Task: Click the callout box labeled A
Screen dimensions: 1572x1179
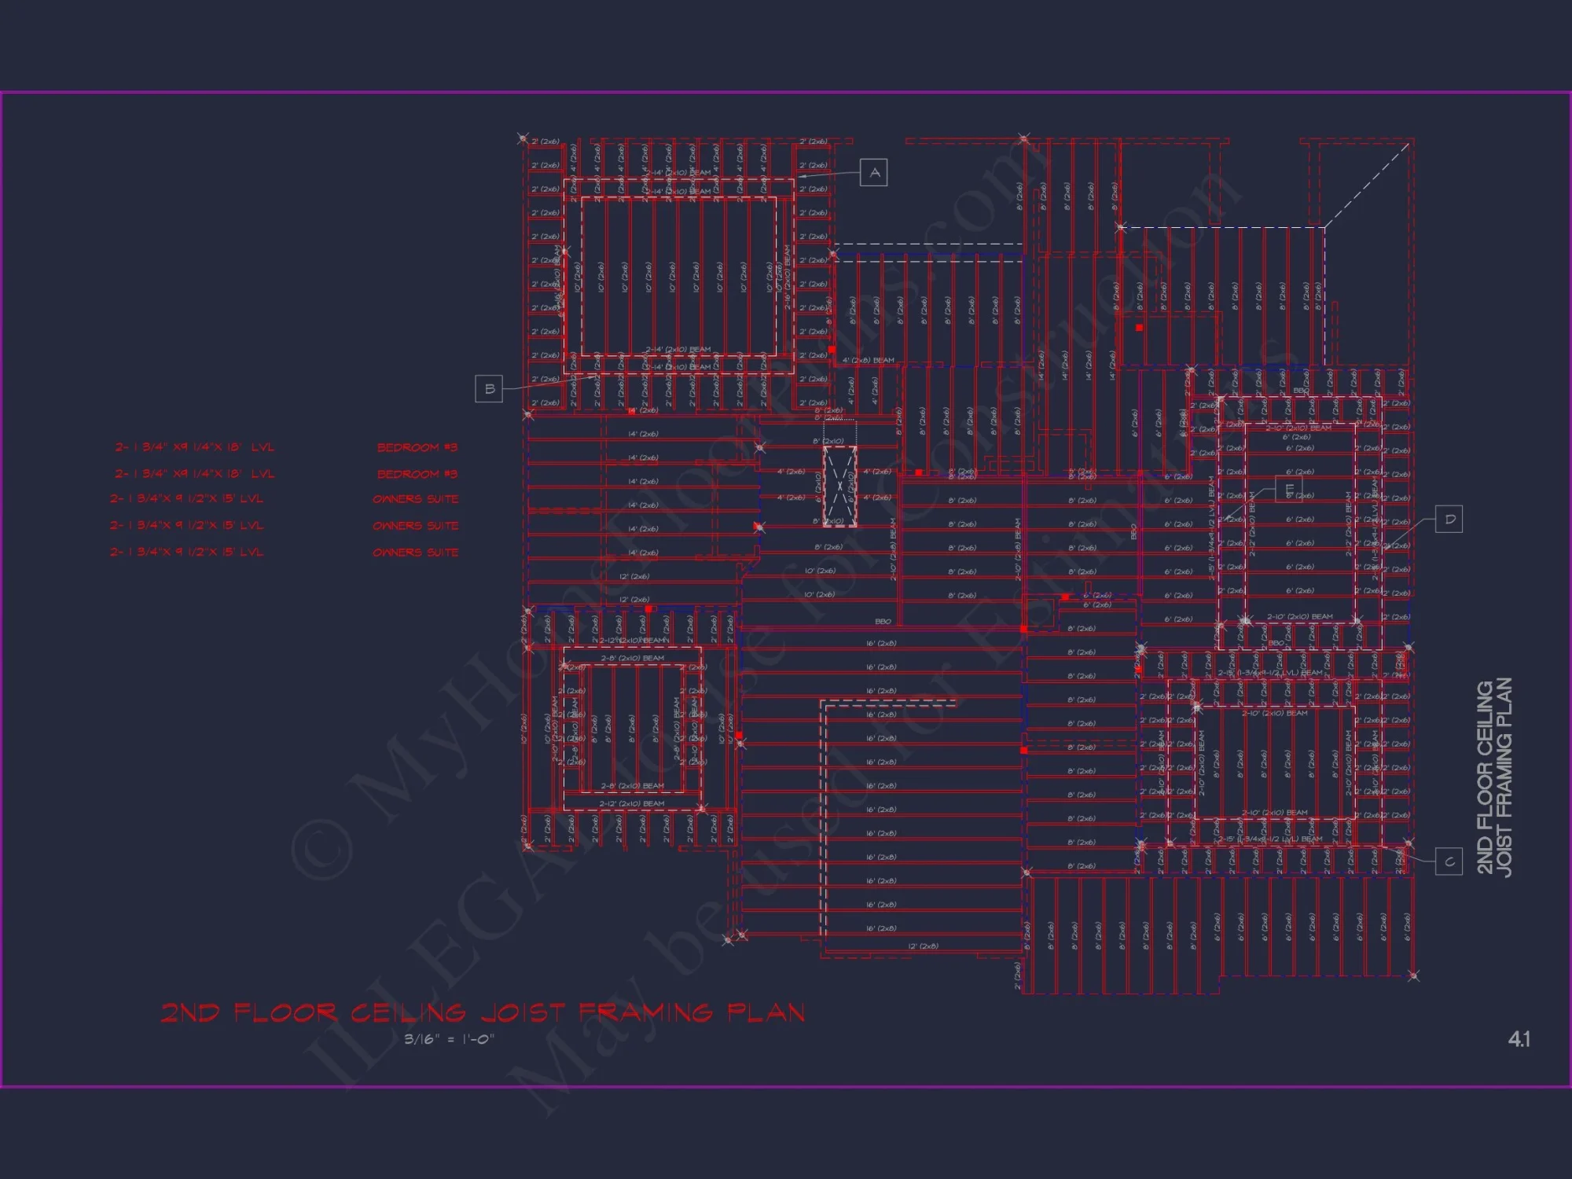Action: click(x=874, y=173)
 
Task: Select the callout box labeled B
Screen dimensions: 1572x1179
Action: click(x=489, y=389)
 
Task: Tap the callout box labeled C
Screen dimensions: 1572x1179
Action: click(x=1449, y=861)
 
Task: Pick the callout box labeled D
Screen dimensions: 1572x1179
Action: click(x=1449, y=520)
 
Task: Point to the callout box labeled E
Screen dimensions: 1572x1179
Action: click(x=1288, y=489)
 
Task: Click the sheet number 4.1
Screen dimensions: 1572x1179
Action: click(x=1519, y=1039)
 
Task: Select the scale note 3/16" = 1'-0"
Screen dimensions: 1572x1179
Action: click(x=449, y=1039)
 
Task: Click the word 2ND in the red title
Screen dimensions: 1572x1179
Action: click(x=190, y=1012)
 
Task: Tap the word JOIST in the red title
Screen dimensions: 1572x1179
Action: click(x=522, y=1012)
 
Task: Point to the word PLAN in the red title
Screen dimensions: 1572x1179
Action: click(x=766, y=1012)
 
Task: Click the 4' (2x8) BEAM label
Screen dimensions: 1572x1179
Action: click(x=868, y=360)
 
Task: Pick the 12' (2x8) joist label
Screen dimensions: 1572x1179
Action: click(x=923, y=946)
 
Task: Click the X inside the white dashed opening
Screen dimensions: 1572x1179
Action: click(x=839, y=486)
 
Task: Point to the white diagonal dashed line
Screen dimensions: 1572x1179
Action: click(x=1368, y=185)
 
